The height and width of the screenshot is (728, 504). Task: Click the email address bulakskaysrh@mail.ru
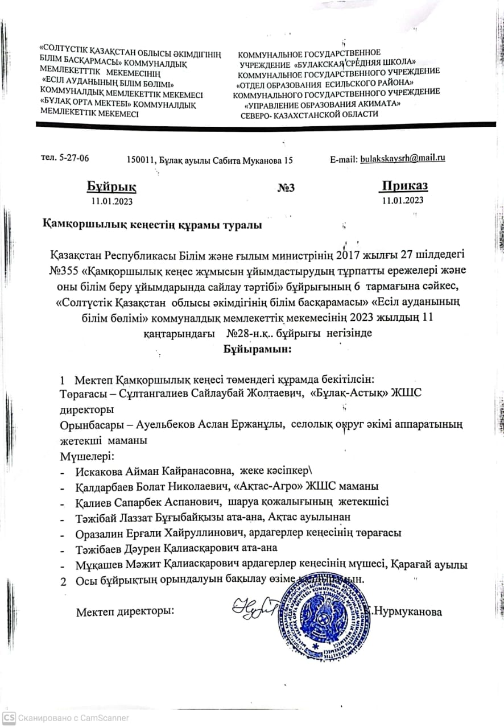(403, 158)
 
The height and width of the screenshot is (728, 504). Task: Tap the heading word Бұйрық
(111, 187)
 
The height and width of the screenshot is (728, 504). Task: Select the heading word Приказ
(404, 186)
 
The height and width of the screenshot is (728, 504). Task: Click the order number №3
(286, 188)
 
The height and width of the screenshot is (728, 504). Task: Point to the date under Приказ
(403, 200)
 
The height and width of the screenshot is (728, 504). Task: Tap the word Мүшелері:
(88, 456)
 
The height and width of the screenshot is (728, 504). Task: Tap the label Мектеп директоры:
(125, 612)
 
